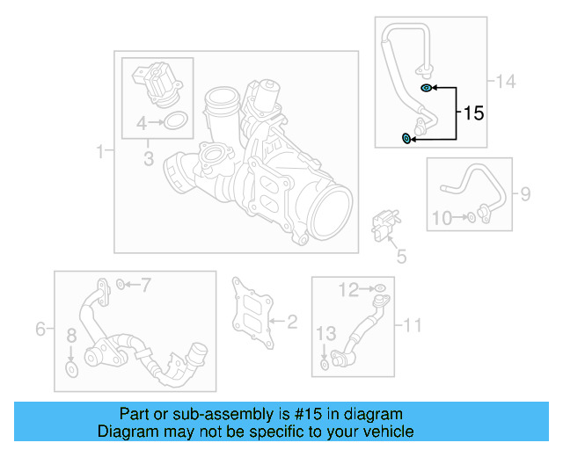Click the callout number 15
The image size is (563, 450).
pyautogui.click(x=473, y=113)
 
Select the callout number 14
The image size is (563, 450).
pyautogui.click(x=505, y=82)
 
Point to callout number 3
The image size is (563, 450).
pyautogui.click(x=149, y=159)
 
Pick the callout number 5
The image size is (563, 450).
pyautogui.click(x=400, y=257)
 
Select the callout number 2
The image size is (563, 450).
pyautogui.click(x=293, y=322)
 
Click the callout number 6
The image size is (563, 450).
pyautogui.click(x=40, y=329)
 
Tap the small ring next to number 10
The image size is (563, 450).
pyautogui.click(x=472, y=217)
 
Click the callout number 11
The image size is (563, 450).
pyautogui.click(x=413, y=325)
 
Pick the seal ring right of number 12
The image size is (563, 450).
pyautogui.click(x=379, y=287)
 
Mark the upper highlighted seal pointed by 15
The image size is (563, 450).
pyautogui.click(x=426, y=89)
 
